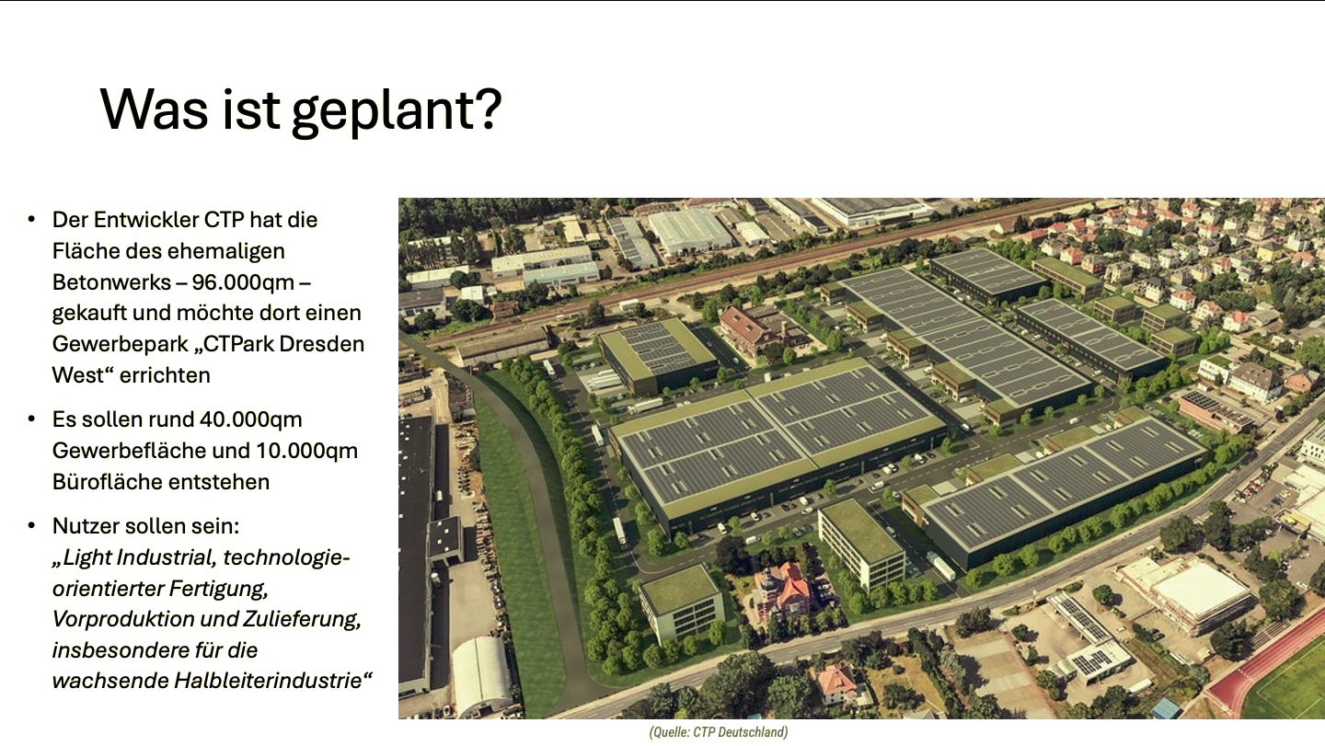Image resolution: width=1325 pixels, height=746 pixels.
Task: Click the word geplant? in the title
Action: tap(397, 110)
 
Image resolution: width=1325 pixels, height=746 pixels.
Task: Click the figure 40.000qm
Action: tap(251, 419)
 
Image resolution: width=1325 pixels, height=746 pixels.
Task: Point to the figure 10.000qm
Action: tap(306, 451)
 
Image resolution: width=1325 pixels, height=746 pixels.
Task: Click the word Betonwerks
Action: tap(112, 282)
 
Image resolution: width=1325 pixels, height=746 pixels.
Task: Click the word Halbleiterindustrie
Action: tap(268, 681)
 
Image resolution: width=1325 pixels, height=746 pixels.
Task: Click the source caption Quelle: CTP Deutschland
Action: tap(719, 732)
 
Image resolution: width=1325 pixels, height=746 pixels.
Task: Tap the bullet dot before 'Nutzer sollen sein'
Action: tap(31, 525)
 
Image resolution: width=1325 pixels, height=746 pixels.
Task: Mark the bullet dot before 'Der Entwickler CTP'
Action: tap(31, 219)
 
